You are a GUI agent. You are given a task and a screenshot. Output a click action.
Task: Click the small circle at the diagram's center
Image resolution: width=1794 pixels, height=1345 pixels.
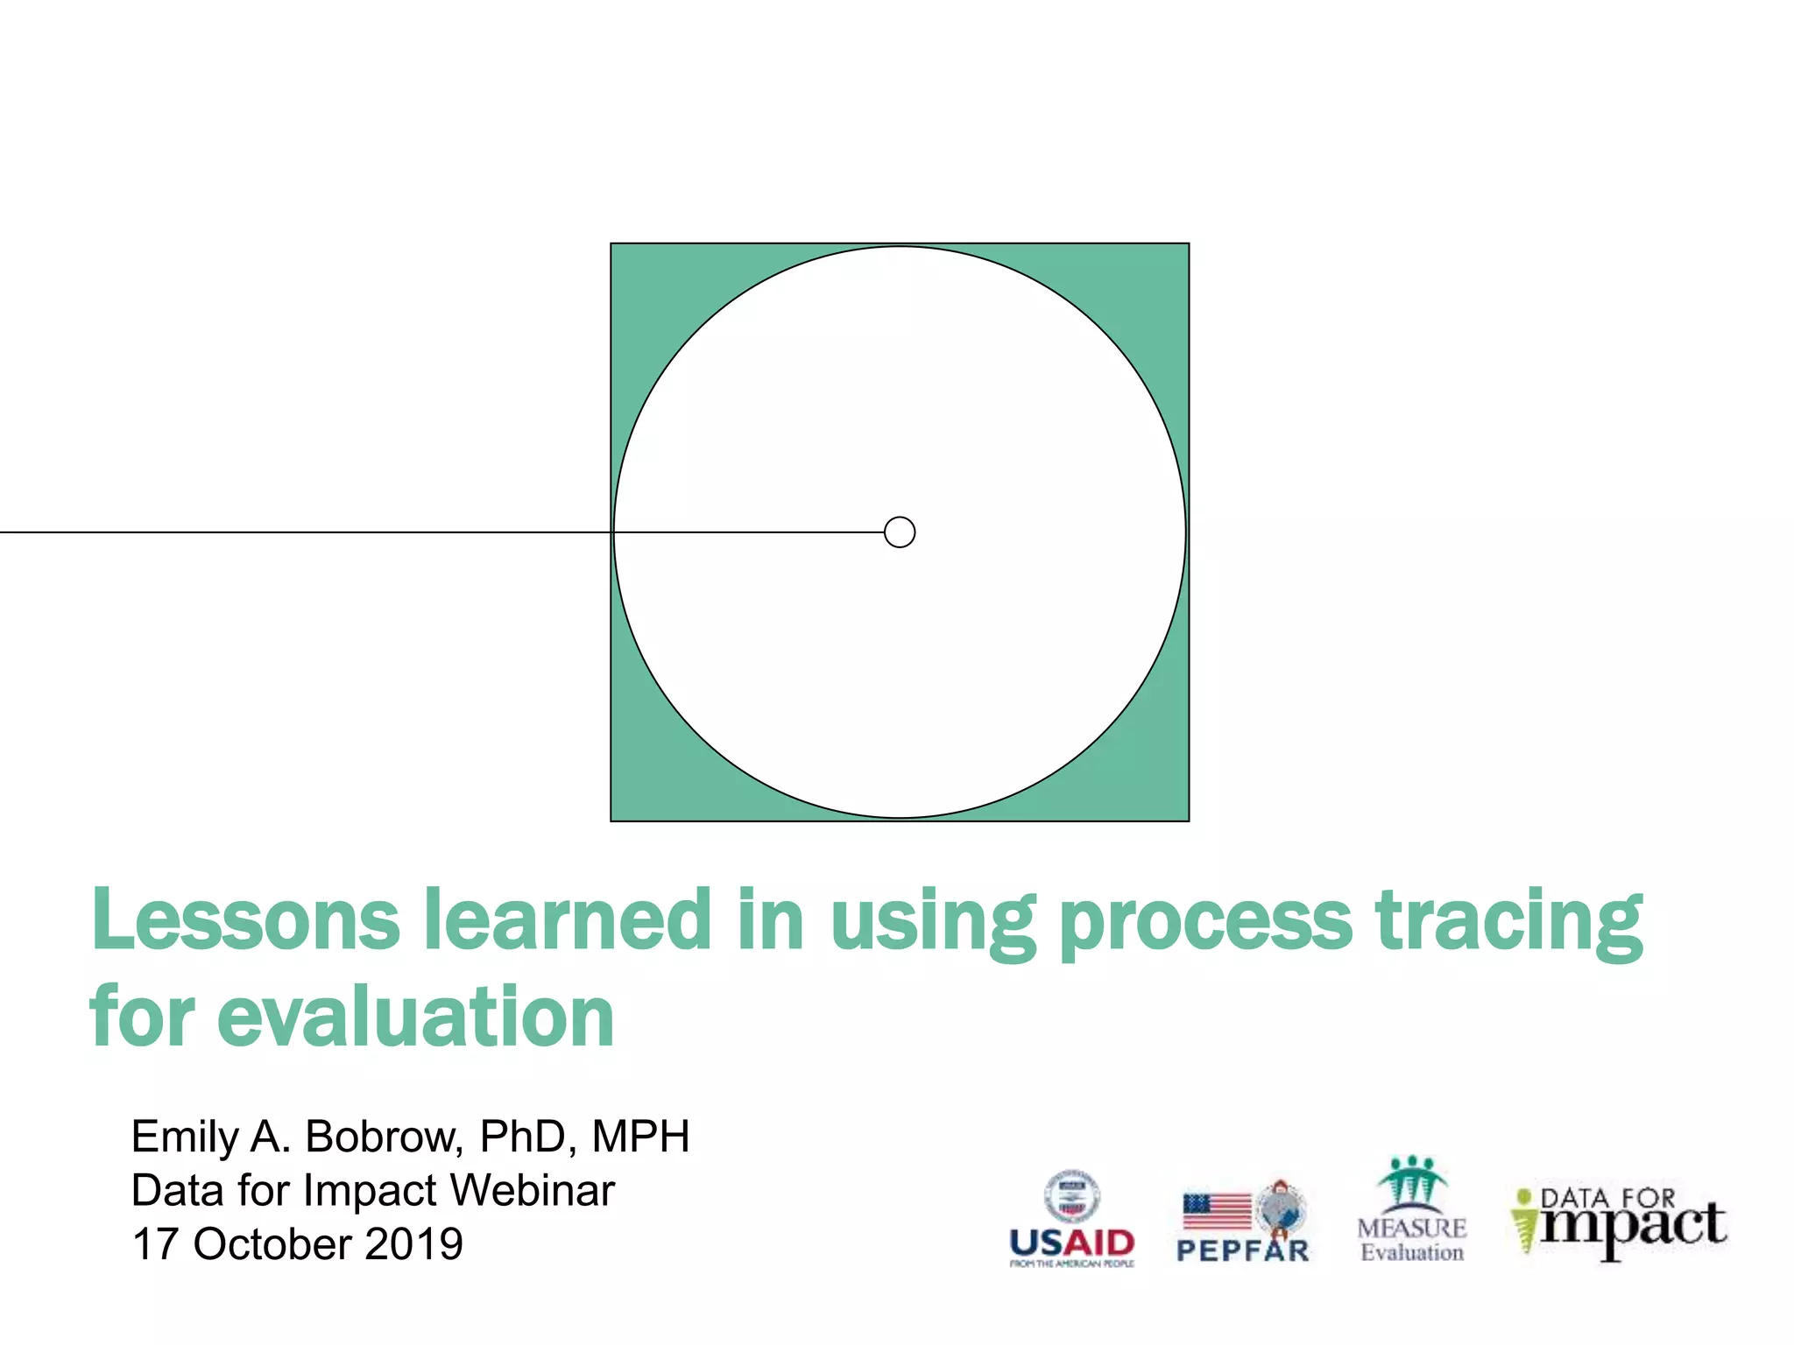point(900,532)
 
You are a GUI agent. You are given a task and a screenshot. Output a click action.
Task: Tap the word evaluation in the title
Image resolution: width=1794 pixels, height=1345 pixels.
point(415,1018)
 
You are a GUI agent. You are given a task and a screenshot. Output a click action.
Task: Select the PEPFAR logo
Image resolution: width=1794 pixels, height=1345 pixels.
point(1242,1222)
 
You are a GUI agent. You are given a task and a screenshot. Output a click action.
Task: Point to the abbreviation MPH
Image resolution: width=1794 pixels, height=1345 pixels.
point(640,1137)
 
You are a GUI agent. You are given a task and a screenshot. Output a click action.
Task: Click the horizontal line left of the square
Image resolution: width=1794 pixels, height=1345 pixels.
point(307,532)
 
